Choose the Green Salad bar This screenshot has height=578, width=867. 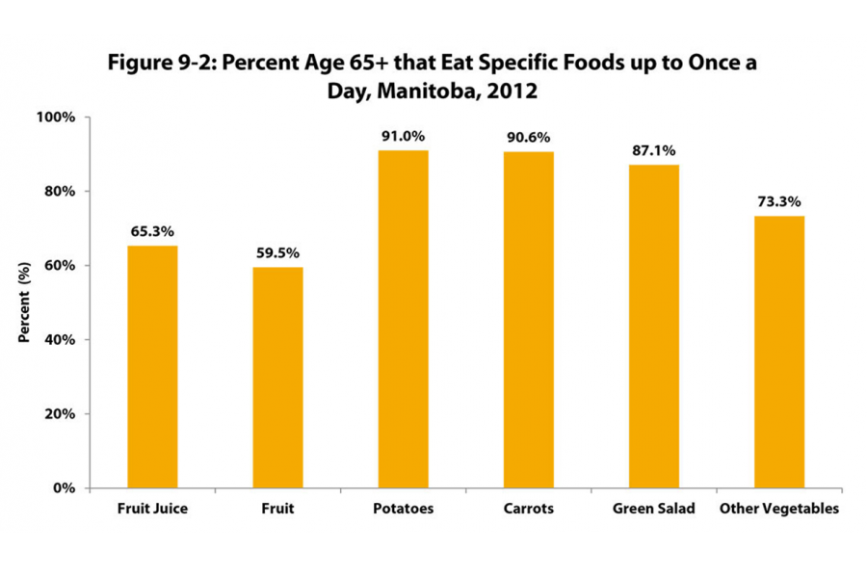pyautogui.click(x=654, y=327)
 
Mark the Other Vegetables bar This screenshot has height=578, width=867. pyautogui.click(x=779, y=352)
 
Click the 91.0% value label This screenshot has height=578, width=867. pyautogui.click(x=404, y=137)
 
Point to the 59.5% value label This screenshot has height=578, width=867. pyautogui.click(x=277, y=253)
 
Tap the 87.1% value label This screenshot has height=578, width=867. pyautogui.click(x=654, y=151)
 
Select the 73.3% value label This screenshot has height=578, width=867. pyautogui.click(x=779, y=202)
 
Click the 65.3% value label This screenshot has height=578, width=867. pyautogui.click(x=152, y=232)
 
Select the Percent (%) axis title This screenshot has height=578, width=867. pyautogui.click(x=22, y=302)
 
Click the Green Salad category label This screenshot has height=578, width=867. pyautogui.click(x=654, y=509)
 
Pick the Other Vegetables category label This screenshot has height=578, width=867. pyautogui.click(x=779, y=509)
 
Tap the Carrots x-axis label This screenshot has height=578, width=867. pyautogui.click(x=529, y=509)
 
